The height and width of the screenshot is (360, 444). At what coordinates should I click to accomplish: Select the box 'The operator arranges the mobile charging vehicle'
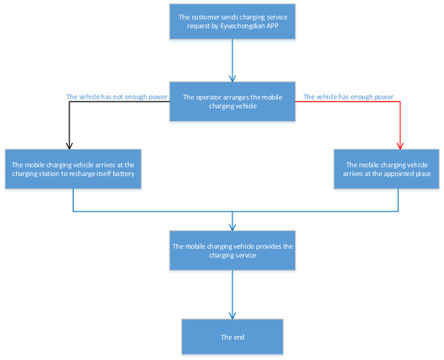(232, 102)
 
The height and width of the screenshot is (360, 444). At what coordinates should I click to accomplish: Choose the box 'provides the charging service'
(232, 249)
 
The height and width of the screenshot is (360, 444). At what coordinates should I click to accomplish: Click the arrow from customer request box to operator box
(232, 61)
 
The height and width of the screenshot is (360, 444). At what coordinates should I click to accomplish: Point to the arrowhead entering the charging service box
(232, 225)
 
